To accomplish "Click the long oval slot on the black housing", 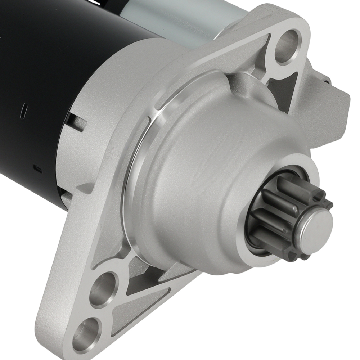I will (23, 111).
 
